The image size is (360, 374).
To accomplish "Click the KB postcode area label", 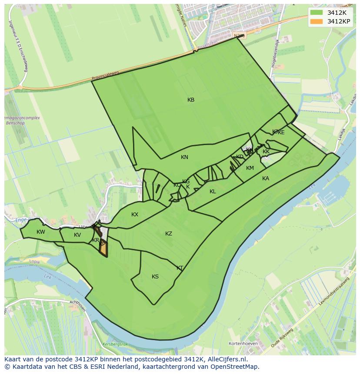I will [191, 100].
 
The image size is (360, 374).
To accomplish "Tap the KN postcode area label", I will [185, 157].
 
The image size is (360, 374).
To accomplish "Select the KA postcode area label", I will [266, 179].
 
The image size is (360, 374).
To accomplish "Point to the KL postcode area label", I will [213, 192].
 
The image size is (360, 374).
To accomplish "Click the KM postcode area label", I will [250, 168].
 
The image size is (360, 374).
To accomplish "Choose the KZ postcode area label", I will [169, 234].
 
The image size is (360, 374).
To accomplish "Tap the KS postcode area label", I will [155, 277].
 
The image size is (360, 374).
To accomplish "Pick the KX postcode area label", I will [135, 215].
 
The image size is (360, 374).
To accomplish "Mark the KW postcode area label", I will [41, 232].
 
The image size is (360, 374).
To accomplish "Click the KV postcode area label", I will [77, 235].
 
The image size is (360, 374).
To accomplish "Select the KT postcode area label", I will [180, 268].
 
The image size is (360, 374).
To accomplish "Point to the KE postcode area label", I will [281, 132].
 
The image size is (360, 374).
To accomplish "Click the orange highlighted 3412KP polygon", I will [103, 249].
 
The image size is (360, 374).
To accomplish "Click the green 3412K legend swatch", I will [317, 13].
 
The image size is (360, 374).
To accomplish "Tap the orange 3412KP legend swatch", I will [317, 21].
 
